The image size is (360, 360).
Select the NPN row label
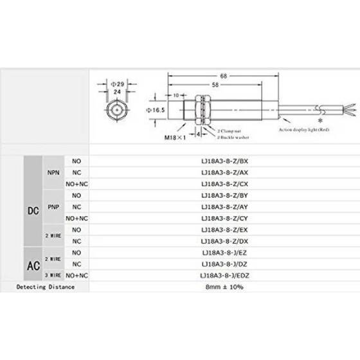pyautogui.click(x=53, y=172)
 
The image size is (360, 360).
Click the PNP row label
pyautogui.click(x=53, y=206)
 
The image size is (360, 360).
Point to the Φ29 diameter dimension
pyautogui.click(x=118, y=84)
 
